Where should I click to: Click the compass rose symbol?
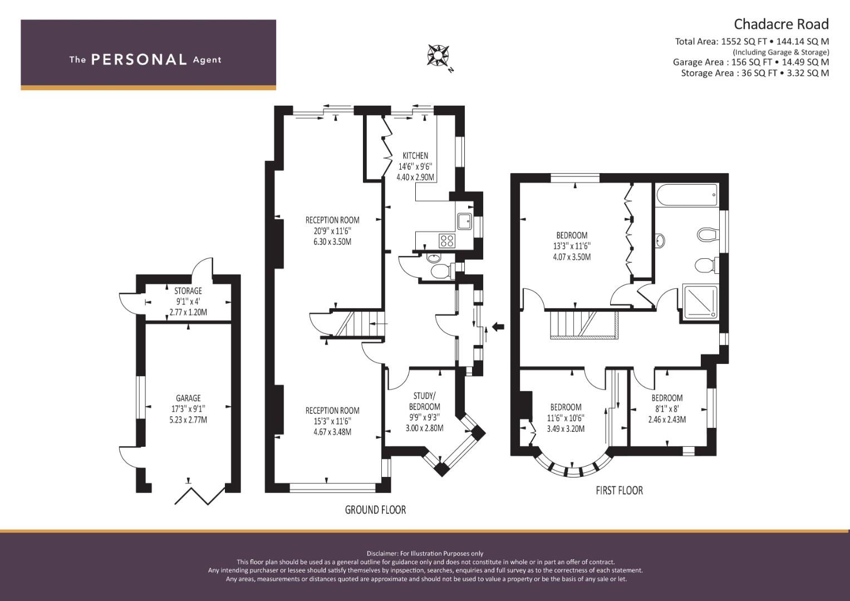point(439,56)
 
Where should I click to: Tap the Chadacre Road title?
point(782,24)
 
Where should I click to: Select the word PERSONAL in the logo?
point(139,60)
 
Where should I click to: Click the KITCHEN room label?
point(415,156)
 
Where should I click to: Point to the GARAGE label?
point(188,398)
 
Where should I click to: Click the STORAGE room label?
point(188,291)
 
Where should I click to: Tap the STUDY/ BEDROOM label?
point(424,401)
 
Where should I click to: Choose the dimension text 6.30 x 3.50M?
point(332,242)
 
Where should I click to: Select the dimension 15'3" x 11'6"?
point(332,421)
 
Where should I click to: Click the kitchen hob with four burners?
point(446,240)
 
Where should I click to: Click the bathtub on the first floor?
point(687,195)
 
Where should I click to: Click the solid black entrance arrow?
point(498,326)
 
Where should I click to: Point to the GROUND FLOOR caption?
point(375,510)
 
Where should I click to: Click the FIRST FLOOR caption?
point(620,491)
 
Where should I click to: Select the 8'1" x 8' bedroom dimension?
point(667,409)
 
